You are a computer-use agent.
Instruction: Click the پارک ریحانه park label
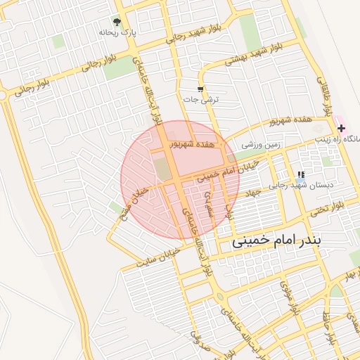point(117,32)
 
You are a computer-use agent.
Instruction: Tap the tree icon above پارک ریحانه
point(117,22)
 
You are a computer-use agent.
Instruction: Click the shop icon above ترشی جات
point(201,89)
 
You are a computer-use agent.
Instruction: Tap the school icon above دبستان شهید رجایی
point(301,175)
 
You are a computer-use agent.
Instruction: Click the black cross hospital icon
point(341,128)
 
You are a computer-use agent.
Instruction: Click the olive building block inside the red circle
point(162,169)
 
